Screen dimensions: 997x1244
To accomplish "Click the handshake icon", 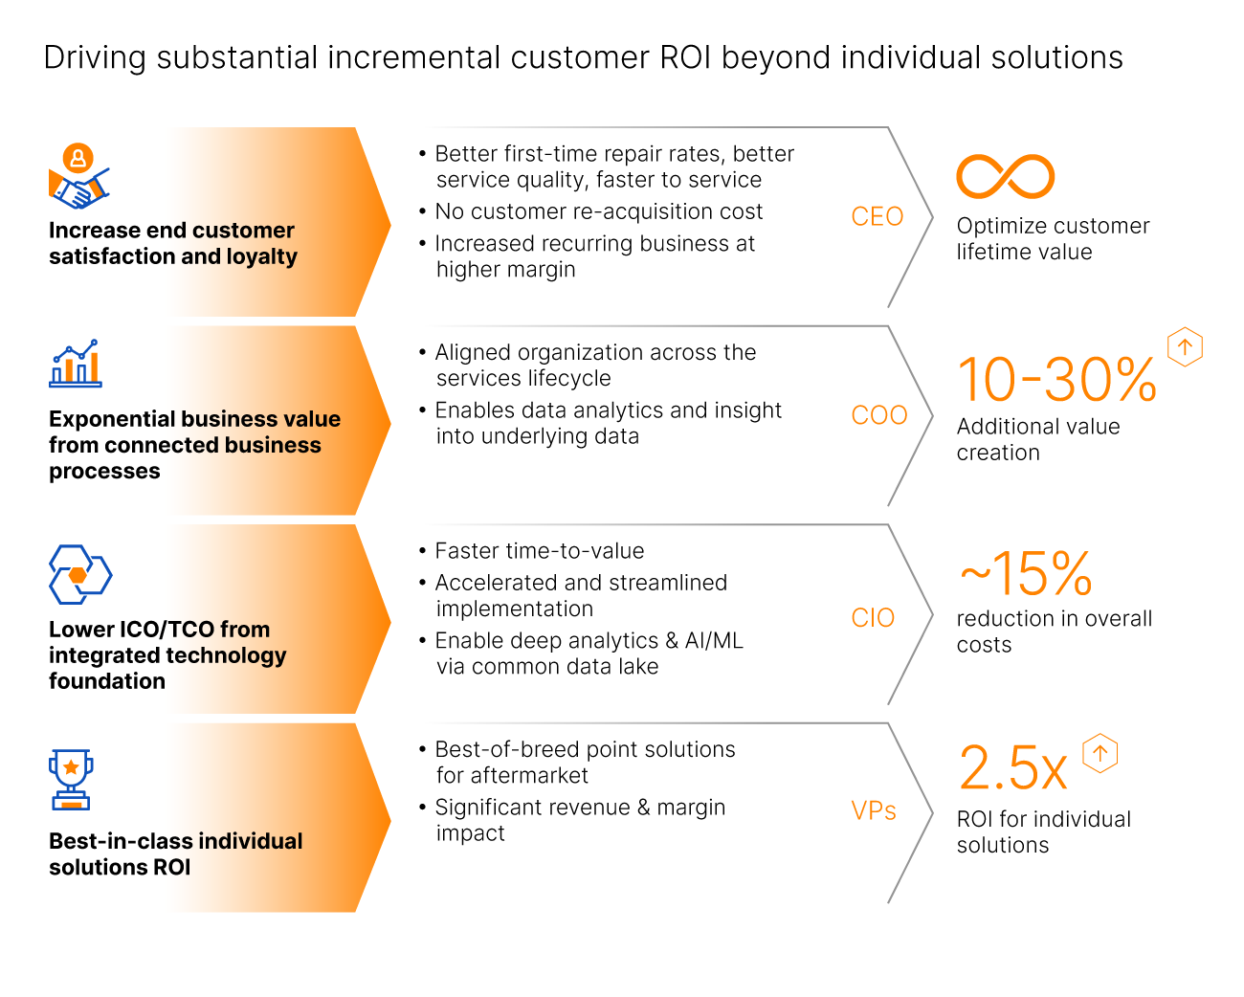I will click(78, 178).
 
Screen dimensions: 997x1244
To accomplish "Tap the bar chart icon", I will click(76, 364).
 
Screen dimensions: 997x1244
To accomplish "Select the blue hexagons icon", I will click(80, 574).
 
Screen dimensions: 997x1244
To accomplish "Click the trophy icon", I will click(71, 779).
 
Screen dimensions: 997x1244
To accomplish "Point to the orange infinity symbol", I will click(1005, 176).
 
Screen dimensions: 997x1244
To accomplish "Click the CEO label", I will click(877, 217).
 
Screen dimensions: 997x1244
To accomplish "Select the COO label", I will click(878, 415).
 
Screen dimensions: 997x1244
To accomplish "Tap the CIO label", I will click(873, 618).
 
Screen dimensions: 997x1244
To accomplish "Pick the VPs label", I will click(874, 811).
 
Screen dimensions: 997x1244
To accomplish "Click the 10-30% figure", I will click(1056, 380).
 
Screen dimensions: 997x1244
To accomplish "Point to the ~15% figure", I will click(1026, 574).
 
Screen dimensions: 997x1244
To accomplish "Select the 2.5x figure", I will click(1012, 768).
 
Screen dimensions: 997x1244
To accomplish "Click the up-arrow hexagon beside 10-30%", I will click(1185, 346).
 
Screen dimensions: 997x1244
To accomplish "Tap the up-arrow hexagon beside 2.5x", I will click(1100, 753).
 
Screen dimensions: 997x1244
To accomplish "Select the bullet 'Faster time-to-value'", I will click(539, 551).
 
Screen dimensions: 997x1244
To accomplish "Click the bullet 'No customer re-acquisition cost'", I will click(598, 211).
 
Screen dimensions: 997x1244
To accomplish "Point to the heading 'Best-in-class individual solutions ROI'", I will click(176, 853).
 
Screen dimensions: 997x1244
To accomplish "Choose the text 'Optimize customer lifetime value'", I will click(1053, 238).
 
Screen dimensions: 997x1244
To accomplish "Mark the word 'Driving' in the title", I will click(95, 57).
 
